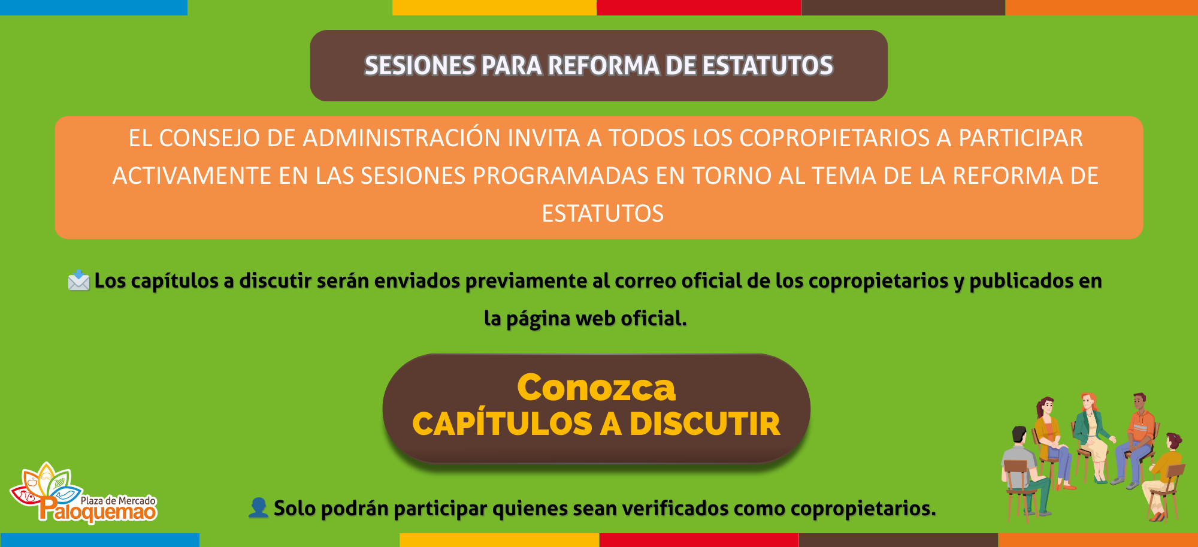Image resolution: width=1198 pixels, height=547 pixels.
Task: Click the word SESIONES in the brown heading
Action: click(419, 66)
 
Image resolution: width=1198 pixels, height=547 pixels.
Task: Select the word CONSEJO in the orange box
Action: click(210, 138)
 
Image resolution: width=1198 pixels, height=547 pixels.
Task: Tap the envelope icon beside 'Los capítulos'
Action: click(78, 280)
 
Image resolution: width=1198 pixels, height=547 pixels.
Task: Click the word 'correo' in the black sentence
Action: click(646, 281)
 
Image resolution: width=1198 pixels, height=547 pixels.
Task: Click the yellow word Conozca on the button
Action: click(597, 388)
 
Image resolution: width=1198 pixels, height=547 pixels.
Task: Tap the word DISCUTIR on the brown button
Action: click(705, 424)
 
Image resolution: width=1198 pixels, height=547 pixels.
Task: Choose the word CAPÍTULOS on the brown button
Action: click(502, 424)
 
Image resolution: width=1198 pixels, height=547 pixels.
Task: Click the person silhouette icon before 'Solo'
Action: click(258, 507)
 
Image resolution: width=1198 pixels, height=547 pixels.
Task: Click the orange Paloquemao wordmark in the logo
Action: click(98, 511)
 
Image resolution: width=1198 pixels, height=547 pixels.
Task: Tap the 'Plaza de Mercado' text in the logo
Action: click(118, 500)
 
